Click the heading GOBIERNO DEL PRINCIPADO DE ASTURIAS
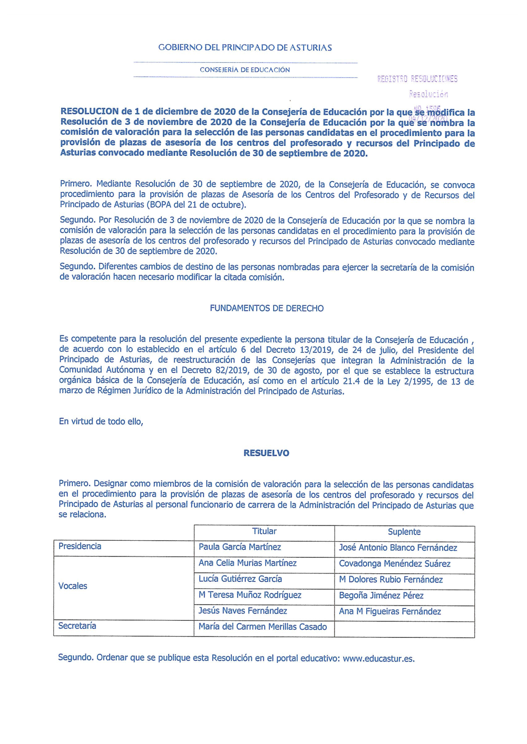pyautogui.click(x=245, y=47)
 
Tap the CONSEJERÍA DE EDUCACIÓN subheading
pyautogui.click(x=245, y=70)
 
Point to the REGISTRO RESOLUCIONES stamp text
pyautogui.click(x=417, y=79)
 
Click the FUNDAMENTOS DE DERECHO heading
pyautogui.click(x=267, y=309)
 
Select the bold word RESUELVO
pyautogui.click(x=266, y=453)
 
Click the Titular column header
pyautogui.click(x=264, y=532)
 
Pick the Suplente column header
pyautogui.click(x=404, y=532)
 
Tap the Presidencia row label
pyautogui.click(x=80, y=547)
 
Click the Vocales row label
pyautogui.click(x=73, y=586)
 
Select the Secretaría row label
pyautogui.click(x=77, y=626)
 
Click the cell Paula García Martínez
pyautogui.click(x=240, y=548)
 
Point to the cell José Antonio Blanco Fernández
pyautogui.click(x=398, y=548)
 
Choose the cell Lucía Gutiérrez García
pyautogui.click(x=240, y=579)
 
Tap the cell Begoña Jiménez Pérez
pyautogui.click(x=381, y=596)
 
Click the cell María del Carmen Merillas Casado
pyautogui.click(x=262, y=627)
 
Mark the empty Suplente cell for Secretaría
pyautogui.click(x=404, y=629)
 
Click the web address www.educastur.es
pyautogui.click(x=378, y=659)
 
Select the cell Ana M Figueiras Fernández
pyautogui.click(x=390, y=611)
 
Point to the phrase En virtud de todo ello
pyautogui.click(x=101, y=422)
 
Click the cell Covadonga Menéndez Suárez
pyautogui.click(x=395, y=564)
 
